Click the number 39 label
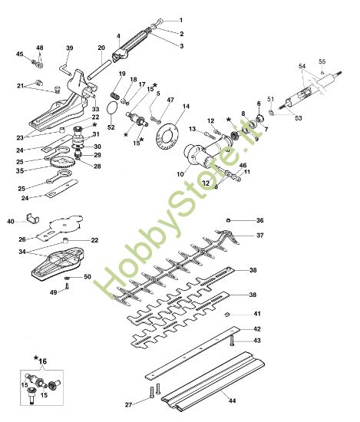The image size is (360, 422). click(69, 48)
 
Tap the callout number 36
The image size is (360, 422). click(259, 220)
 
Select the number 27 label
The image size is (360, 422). click(129, 403)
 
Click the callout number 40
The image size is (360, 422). click(10, 222)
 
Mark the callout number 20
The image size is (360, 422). click(101, 48)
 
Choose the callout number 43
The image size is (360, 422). click(257, 340)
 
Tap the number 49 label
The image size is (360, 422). click(54, 292)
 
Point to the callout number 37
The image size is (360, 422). click(259, 236)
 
